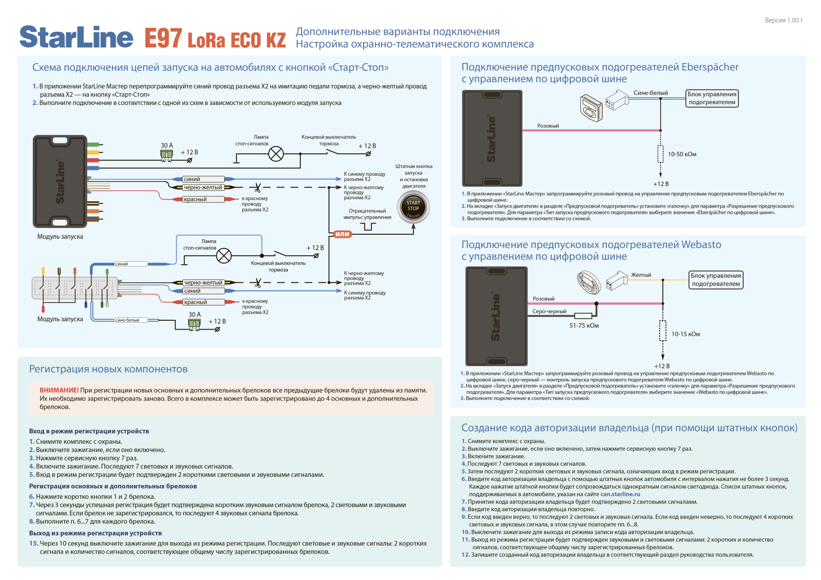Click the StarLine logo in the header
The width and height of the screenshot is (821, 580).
[x=76, y=38]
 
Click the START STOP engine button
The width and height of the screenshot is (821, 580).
[x=413, y=207]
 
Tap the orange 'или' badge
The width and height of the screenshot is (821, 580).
[x=342, y=234]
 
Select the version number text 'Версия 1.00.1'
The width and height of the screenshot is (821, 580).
[x=783, y=21]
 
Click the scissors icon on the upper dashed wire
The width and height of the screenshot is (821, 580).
[x=258, y=187]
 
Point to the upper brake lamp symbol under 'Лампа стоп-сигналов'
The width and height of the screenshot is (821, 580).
[x=276, y=154]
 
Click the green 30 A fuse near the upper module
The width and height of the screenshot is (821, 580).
[x=167, y=154]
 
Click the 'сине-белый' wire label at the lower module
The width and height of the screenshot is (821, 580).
[x=128, y=320]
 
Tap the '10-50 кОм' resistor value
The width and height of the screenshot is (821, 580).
[x=682, y=154]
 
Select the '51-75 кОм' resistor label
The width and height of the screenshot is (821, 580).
[x=583, y=326]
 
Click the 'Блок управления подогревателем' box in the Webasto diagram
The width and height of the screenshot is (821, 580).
[x=715, y=280]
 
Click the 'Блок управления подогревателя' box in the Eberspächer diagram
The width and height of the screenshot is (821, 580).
[x=712, y=98]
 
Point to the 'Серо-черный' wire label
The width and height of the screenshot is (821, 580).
[x=549, y=311]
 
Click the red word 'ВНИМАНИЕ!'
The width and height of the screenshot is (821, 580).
[x=59, y=390]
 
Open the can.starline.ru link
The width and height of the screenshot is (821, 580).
[x=620, y=494]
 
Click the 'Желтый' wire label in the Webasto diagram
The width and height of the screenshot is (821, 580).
[x=641, y=275]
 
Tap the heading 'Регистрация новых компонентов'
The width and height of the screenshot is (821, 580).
[x=108, y=369]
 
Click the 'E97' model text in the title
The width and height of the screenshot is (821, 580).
[x=163, y=39]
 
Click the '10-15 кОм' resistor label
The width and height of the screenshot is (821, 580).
[x=685, y=334]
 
